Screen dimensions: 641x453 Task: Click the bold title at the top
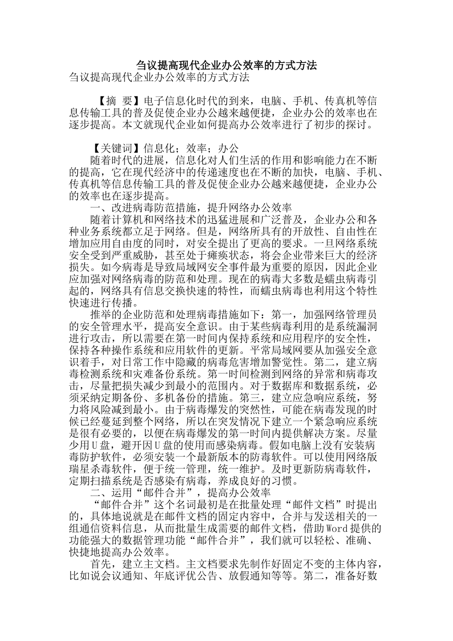click(226, 65)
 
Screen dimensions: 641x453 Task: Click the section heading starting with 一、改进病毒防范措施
click(191, 208)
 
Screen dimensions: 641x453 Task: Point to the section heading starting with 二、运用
click(181, 493)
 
